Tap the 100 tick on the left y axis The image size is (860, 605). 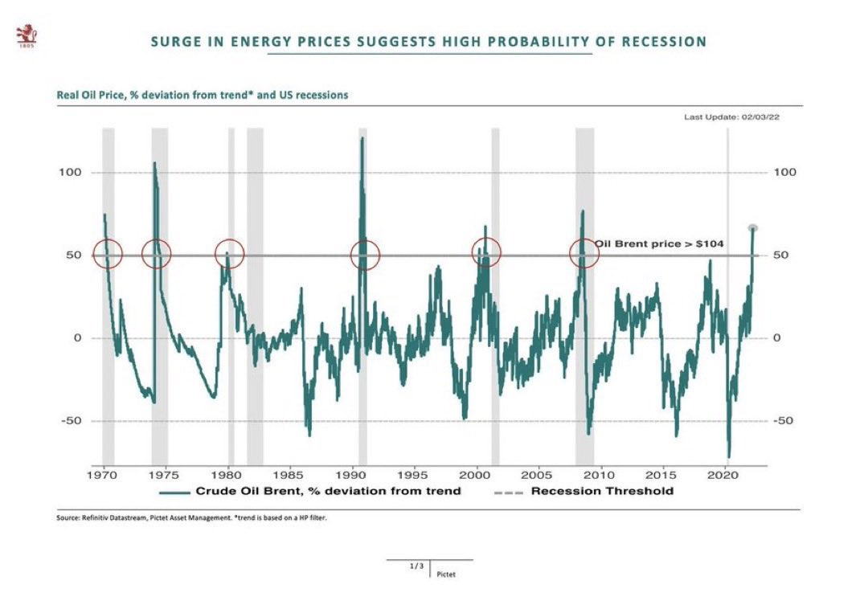click(x=73, y=173)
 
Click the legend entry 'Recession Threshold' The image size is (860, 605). click(x=601, y=491)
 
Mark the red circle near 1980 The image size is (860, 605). click(x=229, y=254)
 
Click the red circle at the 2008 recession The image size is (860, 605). click(x=584, y=254)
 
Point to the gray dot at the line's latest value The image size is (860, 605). click(x=753, y=228)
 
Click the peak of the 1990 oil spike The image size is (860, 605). click(x=362, y=138)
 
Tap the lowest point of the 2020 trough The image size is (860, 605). click(x=728, y=456)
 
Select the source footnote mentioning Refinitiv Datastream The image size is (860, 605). click(x=191, y=517)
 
